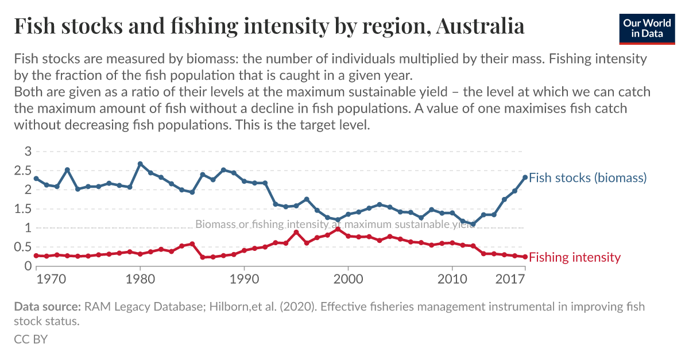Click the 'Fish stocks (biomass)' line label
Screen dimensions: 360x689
587,177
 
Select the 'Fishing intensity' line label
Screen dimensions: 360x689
574,257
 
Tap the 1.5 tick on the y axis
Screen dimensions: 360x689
23,209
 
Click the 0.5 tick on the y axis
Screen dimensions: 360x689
23,247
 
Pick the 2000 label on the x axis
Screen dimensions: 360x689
349,280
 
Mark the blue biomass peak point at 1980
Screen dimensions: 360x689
140,164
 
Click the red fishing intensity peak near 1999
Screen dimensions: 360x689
338,229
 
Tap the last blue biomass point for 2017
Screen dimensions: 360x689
525,177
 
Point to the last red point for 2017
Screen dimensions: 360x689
525,257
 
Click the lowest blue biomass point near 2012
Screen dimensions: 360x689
473,224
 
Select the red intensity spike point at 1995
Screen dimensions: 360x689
296,232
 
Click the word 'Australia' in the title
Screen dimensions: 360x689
480,26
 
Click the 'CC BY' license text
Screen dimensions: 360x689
30,339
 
